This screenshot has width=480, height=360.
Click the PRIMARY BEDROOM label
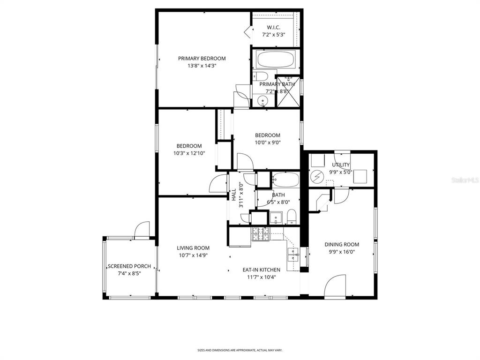[x=202, y=59]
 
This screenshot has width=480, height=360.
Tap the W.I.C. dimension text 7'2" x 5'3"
[x=273, y=35]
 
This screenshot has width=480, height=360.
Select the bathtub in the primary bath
[x=276, y=60]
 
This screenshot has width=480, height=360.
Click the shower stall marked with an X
[x=287, y=91]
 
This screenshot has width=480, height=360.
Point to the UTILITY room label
[x=341, y=165]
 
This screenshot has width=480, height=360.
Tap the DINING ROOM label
[x=342, y=244]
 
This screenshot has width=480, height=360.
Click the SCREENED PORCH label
[x=129, y=266]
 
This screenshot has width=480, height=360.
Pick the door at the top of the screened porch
[x=141, y=230]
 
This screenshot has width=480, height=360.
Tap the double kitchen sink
[x=293, y=255]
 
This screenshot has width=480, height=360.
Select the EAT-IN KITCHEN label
[x=261, y=270]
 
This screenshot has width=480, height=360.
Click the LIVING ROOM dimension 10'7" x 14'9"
[x=193, y=255]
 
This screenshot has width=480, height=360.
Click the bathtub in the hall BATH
[x=285, y=180]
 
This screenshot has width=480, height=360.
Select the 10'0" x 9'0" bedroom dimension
[x=268, y=143]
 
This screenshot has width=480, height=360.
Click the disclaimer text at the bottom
[x=240, y=350]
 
